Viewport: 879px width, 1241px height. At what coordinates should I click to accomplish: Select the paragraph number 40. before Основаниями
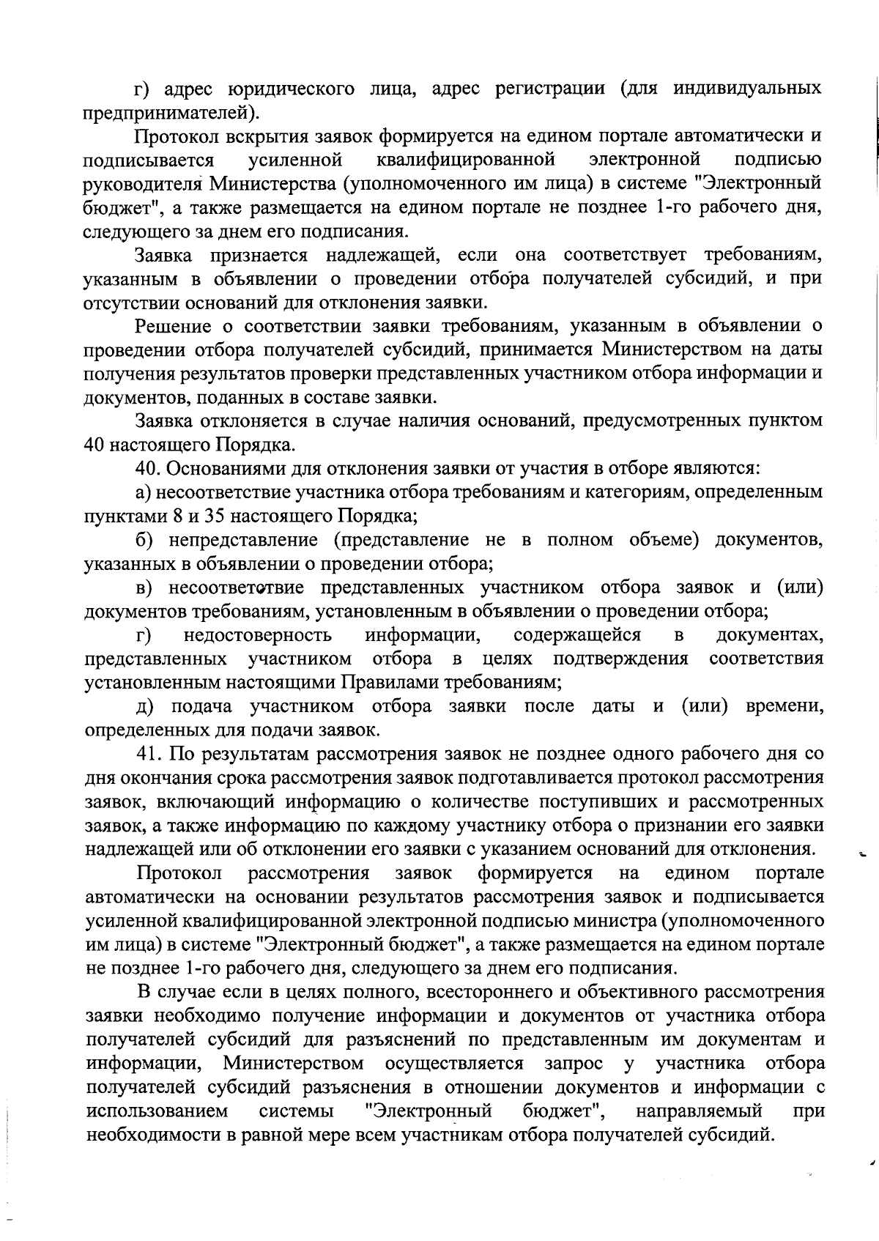pos(150,469)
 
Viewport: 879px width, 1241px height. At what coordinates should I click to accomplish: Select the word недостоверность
pos(257,634)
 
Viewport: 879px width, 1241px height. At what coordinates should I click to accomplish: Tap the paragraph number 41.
pos(150,754)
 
